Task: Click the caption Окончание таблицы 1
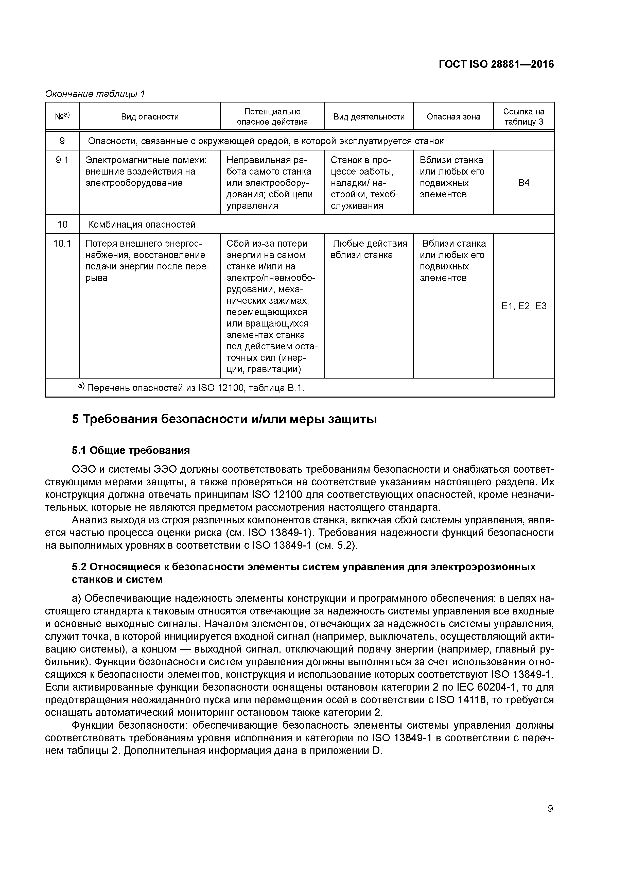point(95,94)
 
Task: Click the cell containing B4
point(523,183)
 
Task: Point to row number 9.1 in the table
point(62,160)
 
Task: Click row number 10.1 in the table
point(62,244)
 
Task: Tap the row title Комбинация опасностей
point(142,225)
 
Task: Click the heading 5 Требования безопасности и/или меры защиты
point(224,419)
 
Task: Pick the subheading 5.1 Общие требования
point(131,450)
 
